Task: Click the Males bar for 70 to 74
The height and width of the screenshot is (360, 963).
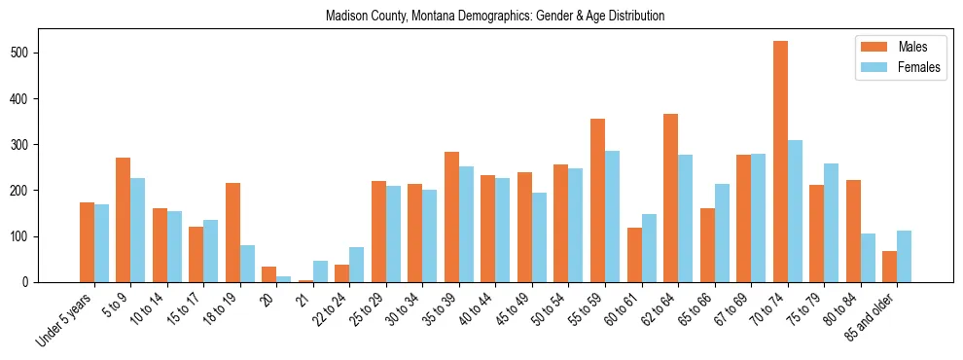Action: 780,162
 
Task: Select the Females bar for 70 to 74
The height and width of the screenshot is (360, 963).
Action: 795,211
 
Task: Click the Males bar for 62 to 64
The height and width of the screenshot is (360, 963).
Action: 670,198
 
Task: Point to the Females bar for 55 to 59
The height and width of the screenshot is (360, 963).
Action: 612,216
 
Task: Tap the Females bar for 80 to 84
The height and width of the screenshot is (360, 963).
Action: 868,258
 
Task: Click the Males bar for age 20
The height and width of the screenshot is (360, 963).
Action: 269,274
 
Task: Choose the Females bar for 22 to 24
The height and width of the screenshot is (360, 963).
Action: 357,265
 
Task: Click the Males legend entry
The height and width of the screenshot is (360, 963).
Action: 899,47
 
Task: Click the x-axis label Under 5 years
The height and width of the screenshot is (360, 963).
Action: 65,320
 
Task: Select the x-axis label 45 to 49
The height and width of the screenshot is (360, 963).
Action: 512,310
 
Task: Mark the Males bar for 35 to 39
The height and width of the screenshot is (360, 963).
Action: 451,217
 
